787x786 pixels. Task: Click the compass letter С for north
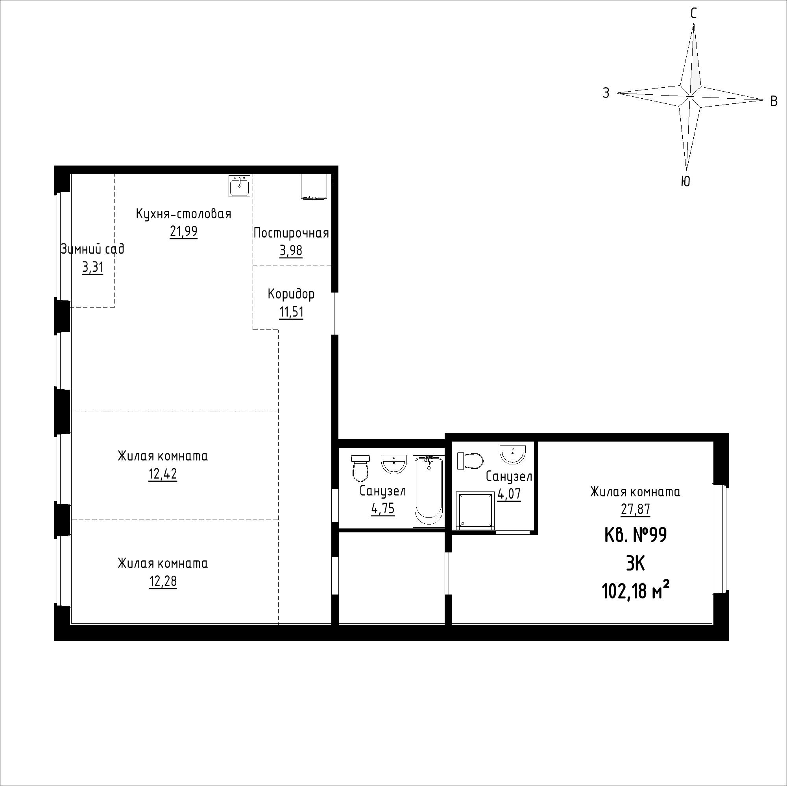point(693,14)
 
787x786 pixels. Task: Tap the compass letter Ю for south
point(685,181)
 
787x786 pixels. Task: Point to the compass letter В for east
point(774,101)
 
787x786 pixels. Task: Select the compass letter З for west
point(606,93)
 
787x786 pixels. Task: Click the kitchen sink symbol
point(240,186)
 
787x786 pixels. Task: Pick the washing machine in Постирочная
point(314,187)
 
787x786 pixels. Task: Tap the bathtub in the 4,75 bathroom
point(428,492)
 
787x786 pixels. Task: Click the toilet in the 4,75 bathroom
point(360,468)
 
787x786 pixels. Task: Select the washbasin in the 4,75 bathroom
point(394,464)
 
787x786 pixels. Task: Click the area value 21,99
point(184,231)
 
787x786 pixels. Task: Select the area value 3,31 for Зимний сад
point(93,267)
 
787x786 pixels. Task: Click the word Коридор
point(291,294)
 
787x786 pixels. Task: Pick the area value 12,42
point(163,474)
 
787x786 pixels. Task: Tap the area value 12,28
point(163,581)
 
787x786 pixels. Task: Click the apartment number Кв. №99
point(636,535)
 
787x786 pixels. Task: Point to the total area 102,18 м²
point(636,591)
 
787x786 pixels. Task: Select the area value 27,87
point(636,509)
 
